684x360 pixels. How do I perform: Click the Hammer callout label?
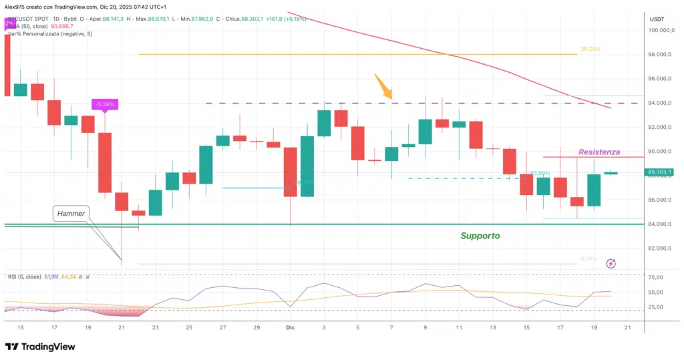click(71, 214)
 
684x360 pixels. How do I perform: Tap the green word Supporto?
click(480, 236)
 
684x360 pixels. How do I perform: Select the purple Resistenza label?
click(598, 152)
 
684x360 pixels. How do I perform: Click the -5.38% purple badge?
click(105, 104)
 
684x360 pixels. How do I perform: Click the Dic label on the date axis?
click(290, 328)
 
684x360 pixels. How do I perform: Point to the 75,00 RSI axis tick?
click(655, 278)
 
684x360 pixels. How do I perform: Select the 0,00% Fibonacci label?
click(587, 258)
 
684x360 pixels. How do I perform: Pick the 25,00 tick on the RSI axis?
click(655, 307)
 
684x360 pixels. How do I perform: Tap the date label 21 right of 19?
click(629, 328)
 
